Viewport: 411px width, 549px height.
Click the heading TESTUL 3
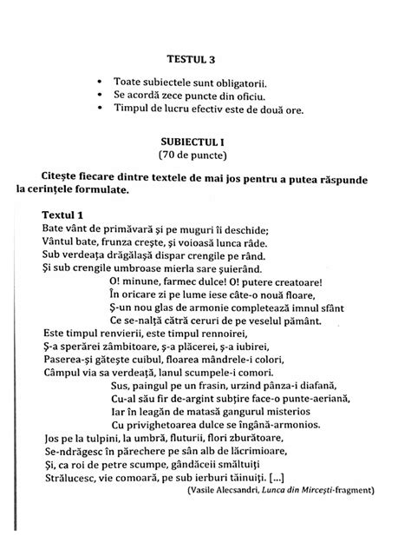202,61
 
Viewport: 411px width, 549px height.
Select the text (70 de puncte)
203,155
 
